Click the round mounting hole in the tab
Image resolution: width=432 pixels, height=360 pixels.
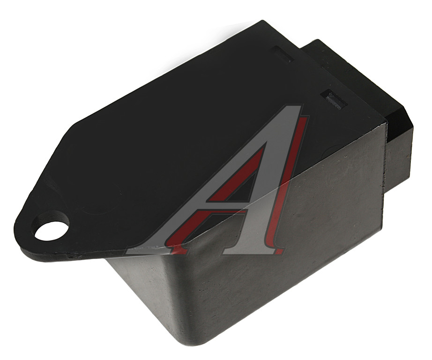(50, 231)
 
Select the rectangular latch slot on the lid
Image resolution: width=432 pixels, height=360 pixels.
(334, 99)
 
